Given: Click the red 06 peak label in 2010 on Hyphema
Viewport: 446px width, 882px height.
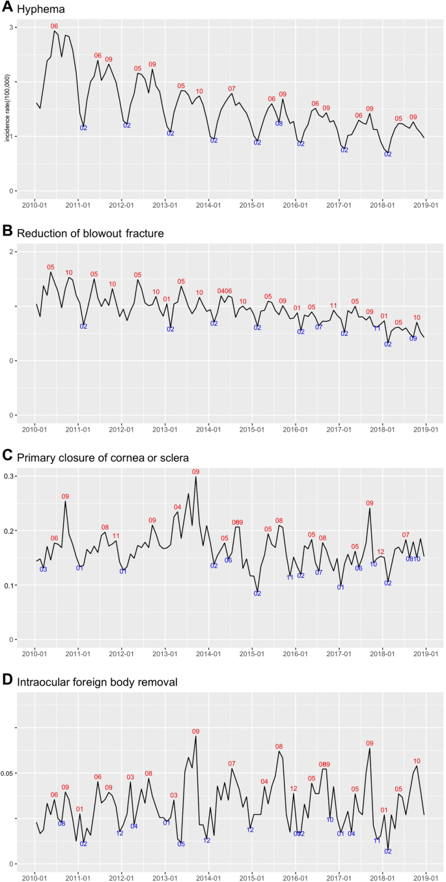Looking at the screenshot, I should tap(54, 26).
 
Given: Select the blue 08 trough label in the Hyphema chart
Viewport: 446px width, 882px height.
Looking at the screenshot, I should tap(279, 123).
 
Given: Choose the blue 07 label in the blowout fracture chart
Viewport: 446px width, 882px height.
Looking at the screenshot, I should tap(319, 327).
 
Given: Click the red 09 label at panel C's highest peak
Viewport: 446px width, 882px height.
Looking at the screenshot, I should tap(195, 472).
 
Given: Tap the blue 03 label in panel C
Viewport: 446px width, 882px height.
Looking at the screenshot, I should tap(43, 570).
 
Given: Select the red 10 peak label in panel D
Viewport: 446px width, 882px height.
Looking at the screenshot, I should tap(417, 761).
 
